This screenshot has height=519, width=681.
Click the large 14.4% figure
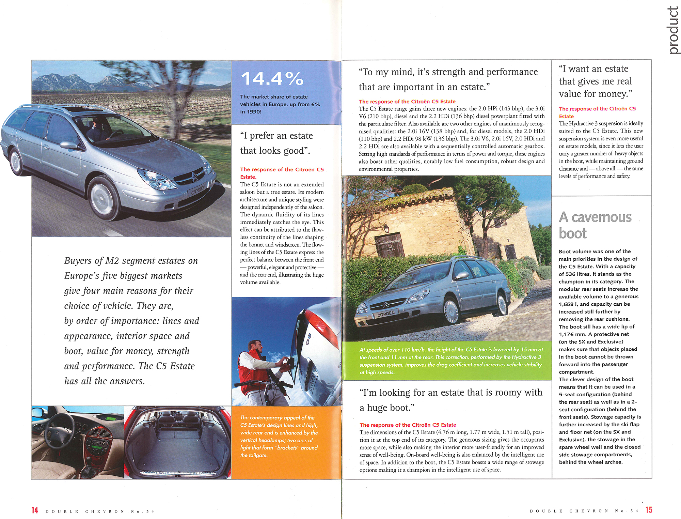[272, 79]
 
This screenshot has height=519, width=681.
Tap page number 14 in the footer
[35, 510]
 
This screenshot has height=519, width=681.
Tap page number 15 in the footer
[649, 510]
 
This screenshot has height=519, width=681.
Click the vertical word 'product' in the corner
[673, 31]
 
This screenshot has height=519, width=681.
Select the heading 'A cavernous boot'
[595, 225]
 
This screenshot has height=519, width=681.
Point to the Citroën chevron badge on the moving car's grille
[194, 176]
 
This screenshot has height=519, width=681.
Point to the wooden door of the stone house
[389, 245]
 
